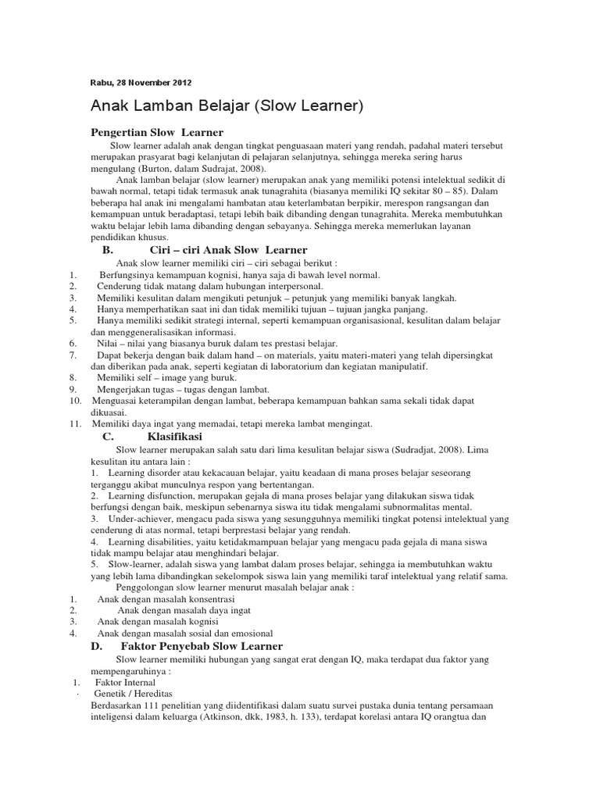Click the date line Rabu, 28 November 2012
tap(141, 82)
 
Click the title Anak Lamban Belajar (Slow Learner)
tap(227, 105)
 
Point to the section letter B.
tap(108, 250)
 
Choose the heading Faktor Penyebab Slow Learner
tap(202, 646)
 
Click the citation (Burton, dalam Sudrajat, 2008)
tap(201, 168)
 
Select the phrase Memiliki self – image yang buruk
tap(156, 377)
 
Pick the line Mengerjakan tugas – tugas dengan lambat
tap(184, 389)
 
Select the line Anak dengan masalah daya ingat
tap(184, 609)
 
